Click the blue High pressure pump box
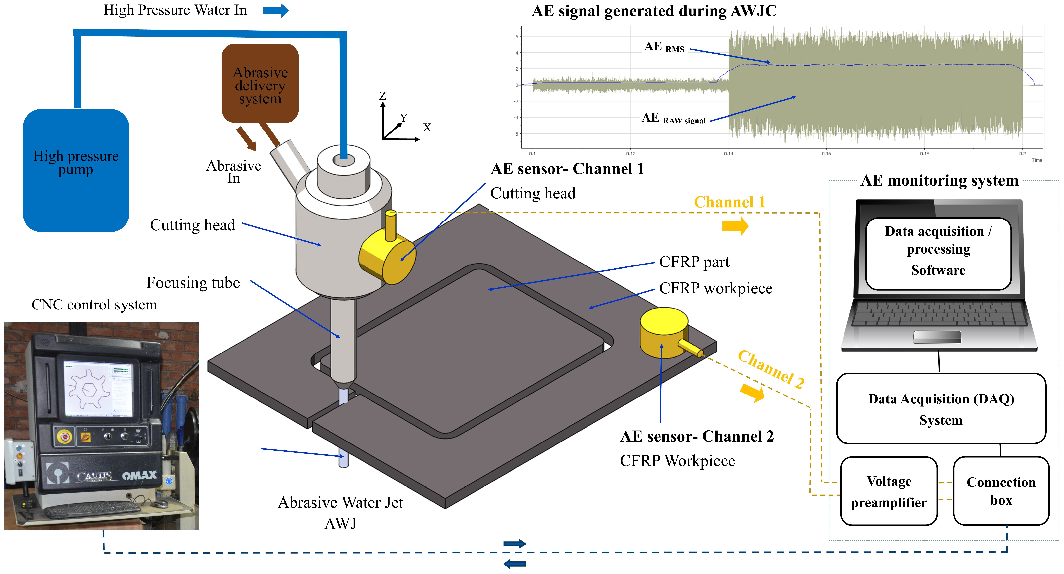75,170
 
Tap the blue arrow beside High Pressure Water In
276,10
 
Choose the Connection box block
1001,491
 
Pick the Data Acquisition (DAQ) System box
941,409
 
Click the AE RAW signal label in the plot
673,119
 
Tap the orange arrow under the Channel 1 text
735,226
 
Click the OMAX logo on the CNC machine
140,475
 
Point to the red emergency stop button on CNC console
64,436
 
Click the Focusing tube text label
193,283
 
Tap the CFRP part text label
694,262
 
